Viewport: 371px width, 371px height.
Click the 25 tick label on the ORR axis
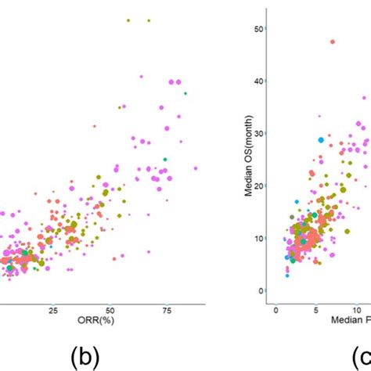(x=53, y=311)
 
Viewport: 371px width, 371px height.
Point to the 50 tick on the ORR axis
(x=110, y=311)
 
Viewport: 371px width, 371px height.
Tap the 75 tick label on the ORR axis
(x=167, y=311)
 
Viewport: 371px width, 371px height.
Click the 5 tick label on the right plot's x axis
(x=317, y=311)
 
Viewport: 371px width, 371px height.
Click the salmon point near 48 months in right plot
(x=333, y=41)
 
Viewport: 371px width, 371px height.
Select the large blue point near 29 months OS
(x=321, y=140)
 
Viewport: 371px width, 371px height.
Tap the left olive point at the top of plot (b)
(x=128, y=20)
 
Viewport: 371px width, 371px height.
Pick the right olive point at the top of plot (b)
(x=149, y=20)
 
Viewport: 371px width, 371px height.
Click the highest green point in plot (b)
(x=185, y=93)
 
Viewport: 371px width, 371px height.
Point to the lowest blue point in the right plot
(x=286, y=276)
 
